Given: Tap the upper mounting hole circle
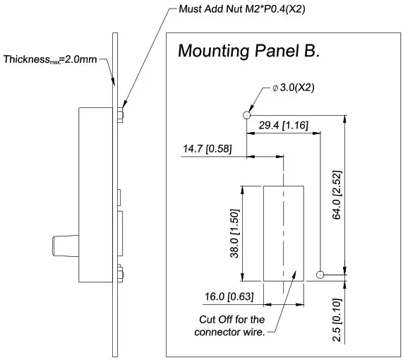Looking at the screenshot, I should pyautogui.click(x=246, y=114).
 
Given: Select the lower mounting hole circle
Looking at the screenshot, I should pyautogui.click(x=321, y=274).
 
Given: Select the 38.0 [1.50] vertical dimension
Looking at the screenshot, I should pyautogui.click(x=234, y=234).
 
